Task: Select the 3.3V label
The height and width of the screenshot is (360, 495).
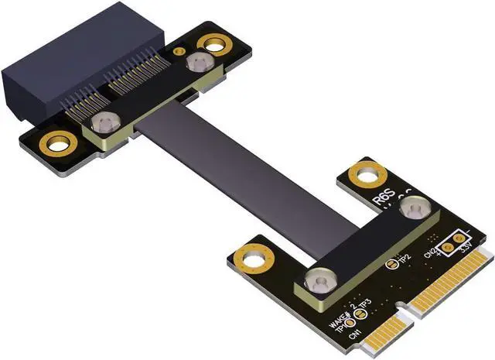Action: click(466, 250)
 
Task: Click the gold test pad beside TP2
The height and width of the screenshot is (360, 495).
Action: click(391, 264)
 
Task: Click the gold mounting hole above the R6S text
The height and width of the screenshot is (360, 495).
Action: click(367, 174)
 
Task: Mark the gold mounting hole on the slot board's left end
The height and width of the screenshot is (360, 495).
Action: click(58, 142)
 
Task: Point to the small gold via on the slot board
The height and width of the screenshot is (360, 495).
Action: click(179, 52)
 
